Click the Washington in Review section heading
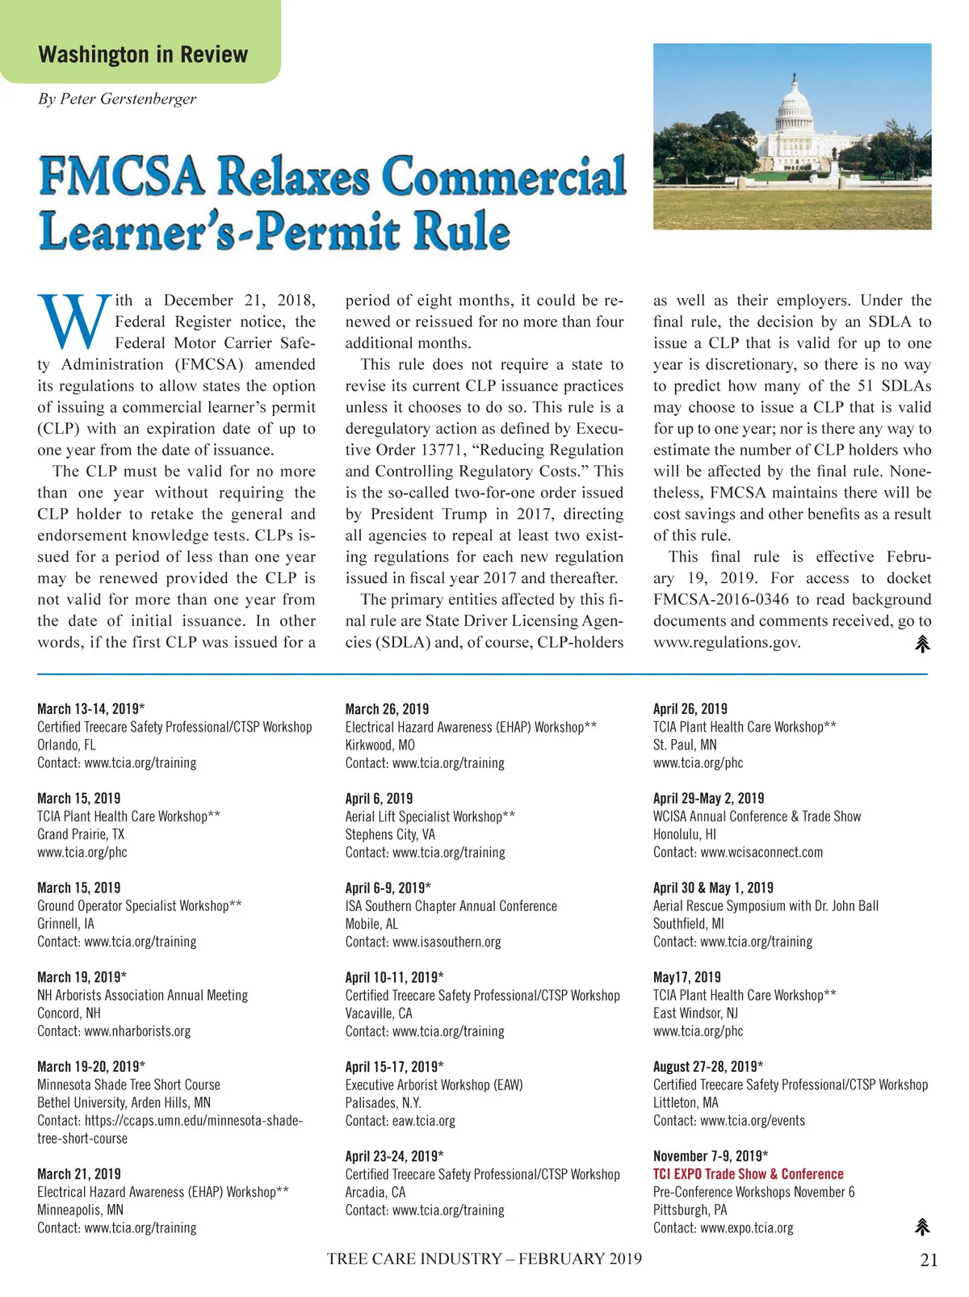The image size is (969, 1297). point(143,55)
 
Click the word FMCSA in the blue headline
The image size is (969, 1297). point(121,175)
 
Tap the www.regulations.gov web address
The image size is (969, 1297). point(727,642)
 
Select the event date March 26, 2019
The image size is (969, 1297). point(387,709)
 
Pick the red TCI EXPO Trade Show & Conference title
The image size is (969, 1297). point(748,1174)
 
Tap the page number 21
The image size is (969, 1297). point(929,1260)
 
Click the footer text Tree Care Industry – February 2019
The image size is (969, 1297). point(484,1258)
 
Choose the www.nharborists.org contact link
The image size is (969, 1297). point(137,1031)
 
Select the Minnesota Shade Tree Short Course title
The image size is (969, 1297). point(128,1085)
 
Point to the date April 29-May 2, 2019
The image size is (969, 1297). point(708,798)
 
